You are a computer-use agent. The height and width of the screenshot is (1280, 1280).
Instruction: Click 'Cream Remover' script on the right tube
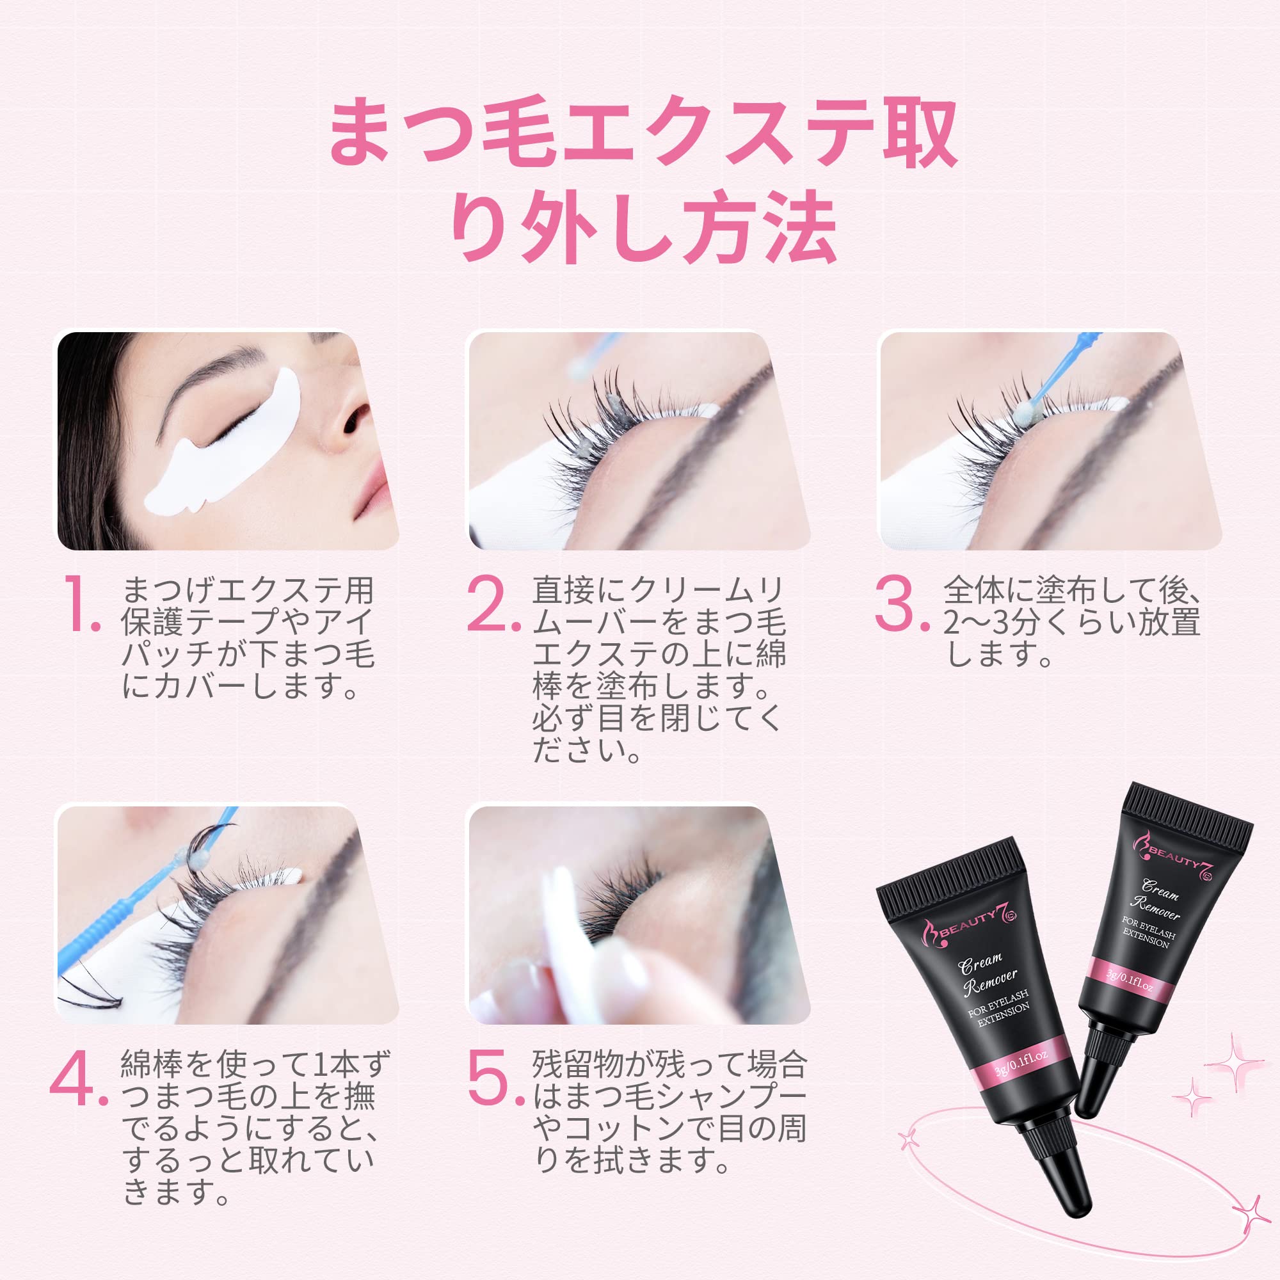pos(1156,900)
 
